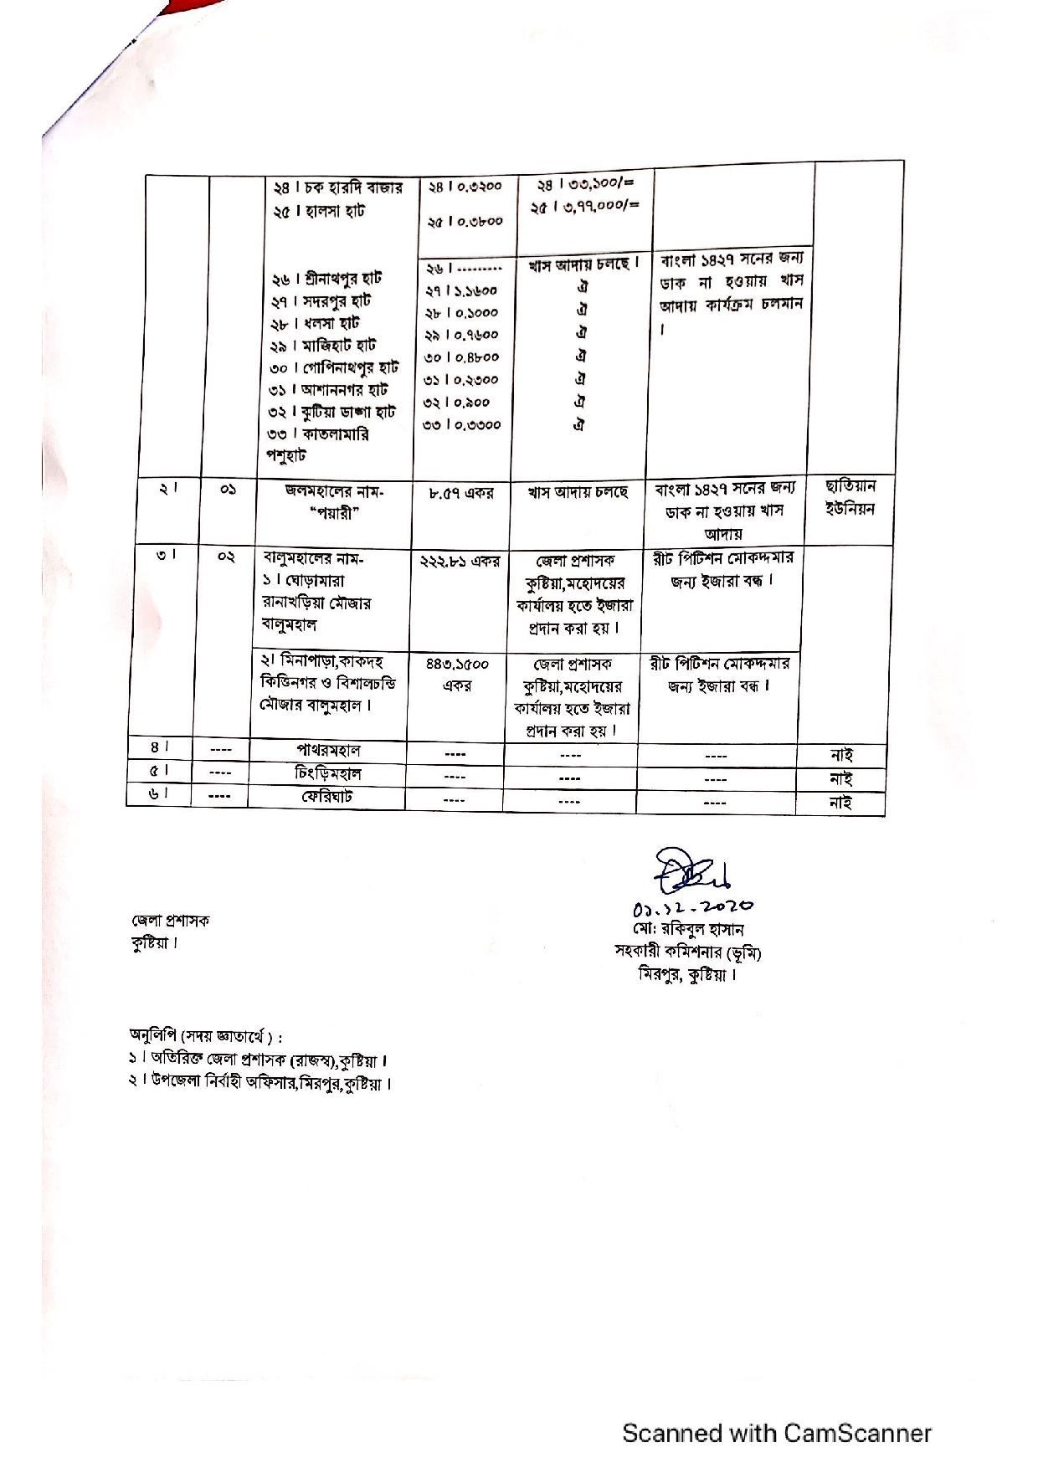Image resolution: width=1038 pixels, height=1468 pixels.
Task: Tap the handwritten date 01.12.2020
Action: click(693, 906)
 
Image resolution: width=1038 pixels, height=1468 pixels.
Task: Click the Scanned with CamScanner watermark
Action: click(776, 1433)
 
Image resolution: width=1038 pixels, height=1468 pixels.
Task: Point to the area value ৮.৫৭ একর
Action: click(461, 494)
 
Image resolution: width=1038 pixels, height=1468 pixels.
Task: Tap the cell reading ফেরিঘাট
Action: click(327, 796)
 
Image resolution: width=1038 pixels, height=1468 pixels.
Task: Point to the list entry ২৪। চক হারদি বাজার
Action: click(337, 187)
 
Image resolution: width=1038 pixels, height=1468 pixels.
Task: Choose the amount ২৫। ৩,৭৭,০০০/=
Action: click(583, 206)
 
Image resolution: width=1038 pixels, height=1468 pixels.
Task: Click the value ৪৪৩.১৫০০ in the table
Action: click(457, 664)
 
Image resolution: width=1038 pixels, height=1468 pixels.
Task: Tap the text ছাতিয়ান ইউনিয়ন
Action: click(850, 497)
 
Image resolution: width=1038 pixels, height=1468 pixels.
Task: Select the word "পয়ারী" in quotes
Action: click(333, 513)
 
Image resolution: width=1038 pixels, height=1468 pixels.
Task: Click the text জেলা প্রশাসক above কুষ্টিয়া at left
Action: click(170, 921)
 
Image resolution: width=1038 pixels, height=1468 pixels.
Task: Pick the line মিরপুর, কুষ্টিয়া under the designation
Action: click(687, 974)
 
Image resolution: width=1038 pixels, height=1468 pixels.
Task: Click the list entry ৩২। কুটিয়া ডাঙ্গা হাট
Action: click(331, 412)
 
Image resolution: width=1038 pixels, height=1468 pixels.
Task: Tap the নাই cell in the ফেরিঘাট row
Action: click(840, 803)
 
